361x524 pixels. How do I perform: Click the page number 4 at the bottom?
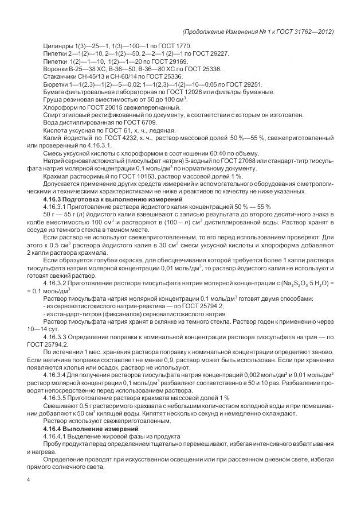pos(28,479)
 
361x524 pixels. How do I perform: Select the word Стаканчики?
pos(60,76)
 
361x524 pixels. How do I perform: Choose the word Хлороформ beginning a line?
pos(59,107)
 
